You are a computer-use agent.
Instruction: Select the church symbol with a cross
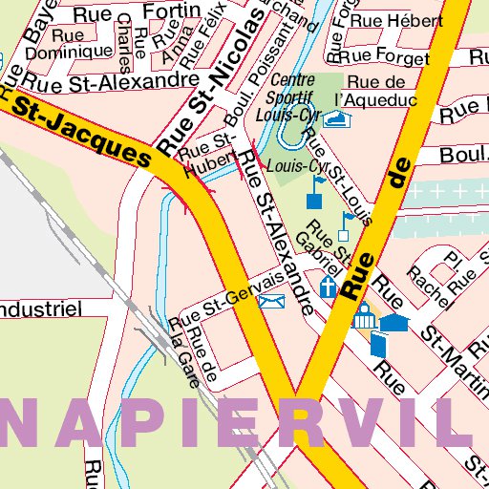(329, 287)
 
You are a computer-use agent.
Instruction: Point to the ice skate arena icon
(336, 118)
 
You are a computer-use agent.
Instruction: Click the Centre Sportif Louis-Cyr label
(292, 97)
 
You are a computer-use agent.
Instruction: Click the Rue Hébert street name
(382, 19)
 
